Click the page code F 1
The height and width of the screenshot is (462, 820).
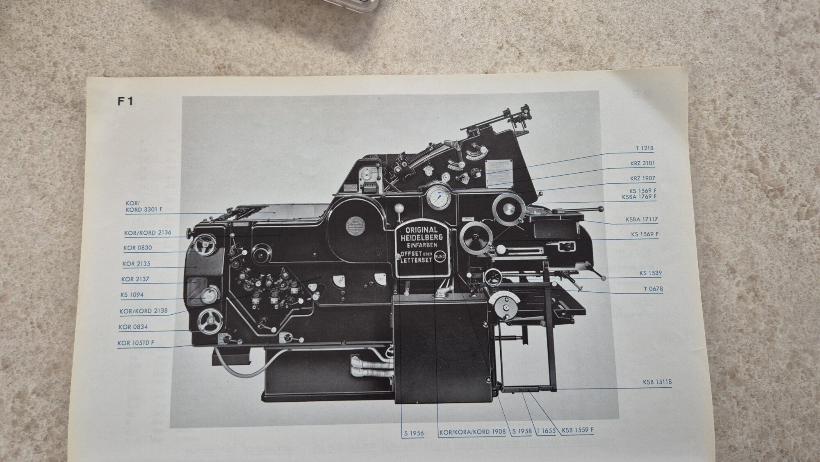point(125,101)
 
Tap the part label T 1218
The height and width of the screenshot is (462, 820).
point(645,148)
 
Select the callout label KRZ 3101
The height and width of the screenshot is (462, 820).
point(642,163)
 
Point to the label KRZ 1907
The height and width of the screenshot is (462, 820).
point(642,178)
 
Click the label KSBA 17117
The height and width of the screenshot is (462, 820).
point(642,220)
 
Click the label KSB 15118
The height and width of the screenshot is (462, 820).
point(657,382)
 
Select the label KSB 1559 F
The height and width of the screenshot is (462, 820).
point(578,430)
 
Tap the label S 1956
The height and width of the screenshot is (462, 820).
point(414,432)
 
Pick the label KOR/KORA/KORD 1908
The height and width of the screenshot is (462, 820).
point(472,432)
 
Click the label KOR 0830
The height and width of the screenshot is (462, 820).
point(137,248)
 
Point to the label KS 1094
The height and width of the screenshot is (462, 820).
point(132,295)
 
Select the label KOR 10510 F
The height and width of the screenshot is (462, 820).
point(136,343)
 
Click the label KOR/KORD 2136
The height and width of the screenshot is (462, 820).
point(148,233)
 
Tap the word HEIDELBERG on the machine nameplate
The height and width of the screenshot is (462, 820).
point(422,238)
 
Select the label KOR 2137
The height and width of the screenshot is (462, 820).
point(135,279)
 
